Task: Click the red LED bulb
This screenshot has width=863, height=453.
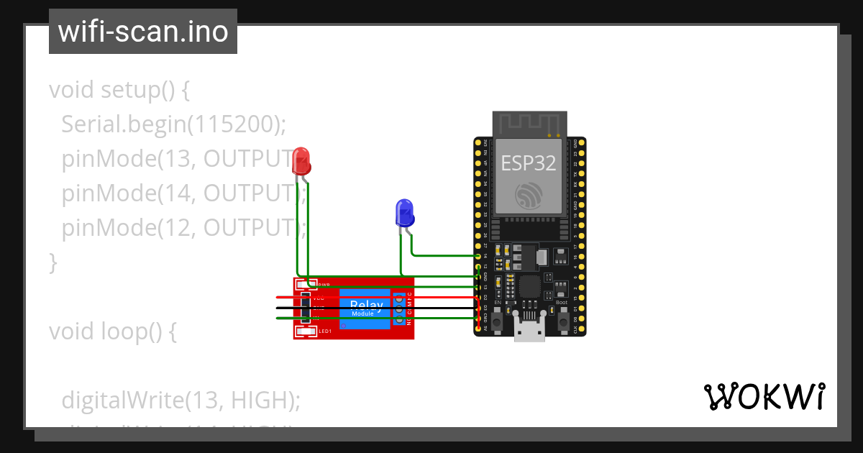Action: click(x=302, y=161)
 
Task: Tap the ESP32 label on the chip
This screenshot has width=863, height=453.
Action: click(x=529, y=163)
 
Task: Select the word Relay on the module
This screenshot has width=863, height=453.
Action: click(x=367, y=305)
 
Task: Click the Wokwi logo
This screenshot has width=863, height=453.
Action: click(x=764, y=396)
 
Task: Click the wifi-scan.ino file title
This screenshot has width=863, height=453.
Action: click(x=142, y=32)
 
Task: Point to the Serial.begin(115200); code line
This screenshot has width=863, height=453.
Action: click(x=174, y=124)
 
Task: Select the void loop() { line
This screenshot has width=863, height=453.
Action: click(x=112, y=331)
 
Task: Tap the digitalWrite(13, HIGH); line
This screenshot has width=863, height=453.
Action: click(x=181, y=400)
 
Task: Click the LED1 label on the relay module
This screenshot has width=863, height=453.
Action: click(x=324, y=331)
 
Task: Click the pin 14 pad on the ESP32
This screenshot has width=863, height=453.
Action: click(x=479, y=256)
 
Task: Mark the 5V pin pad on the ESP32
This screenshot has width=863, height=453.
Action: click(x=479, y=329)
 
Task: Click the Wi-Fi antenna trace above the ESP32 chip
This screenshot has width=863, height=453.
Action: click(x=529, y=124)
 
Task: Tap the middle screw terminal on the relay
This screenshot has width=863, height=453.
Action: click(x=399, y=308)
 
